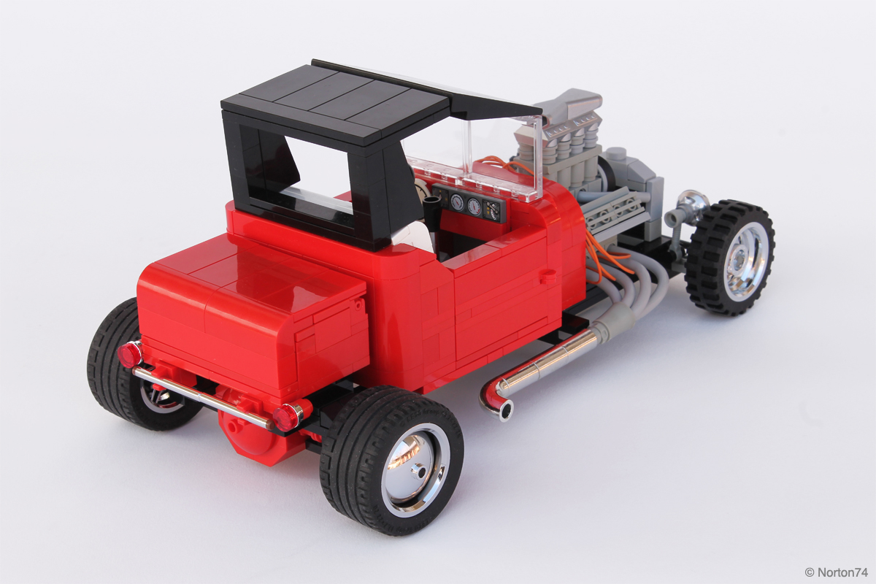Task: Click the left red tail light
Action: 130,353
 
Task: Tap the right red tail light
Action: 287,417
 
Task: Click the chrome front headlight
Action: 691,201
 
